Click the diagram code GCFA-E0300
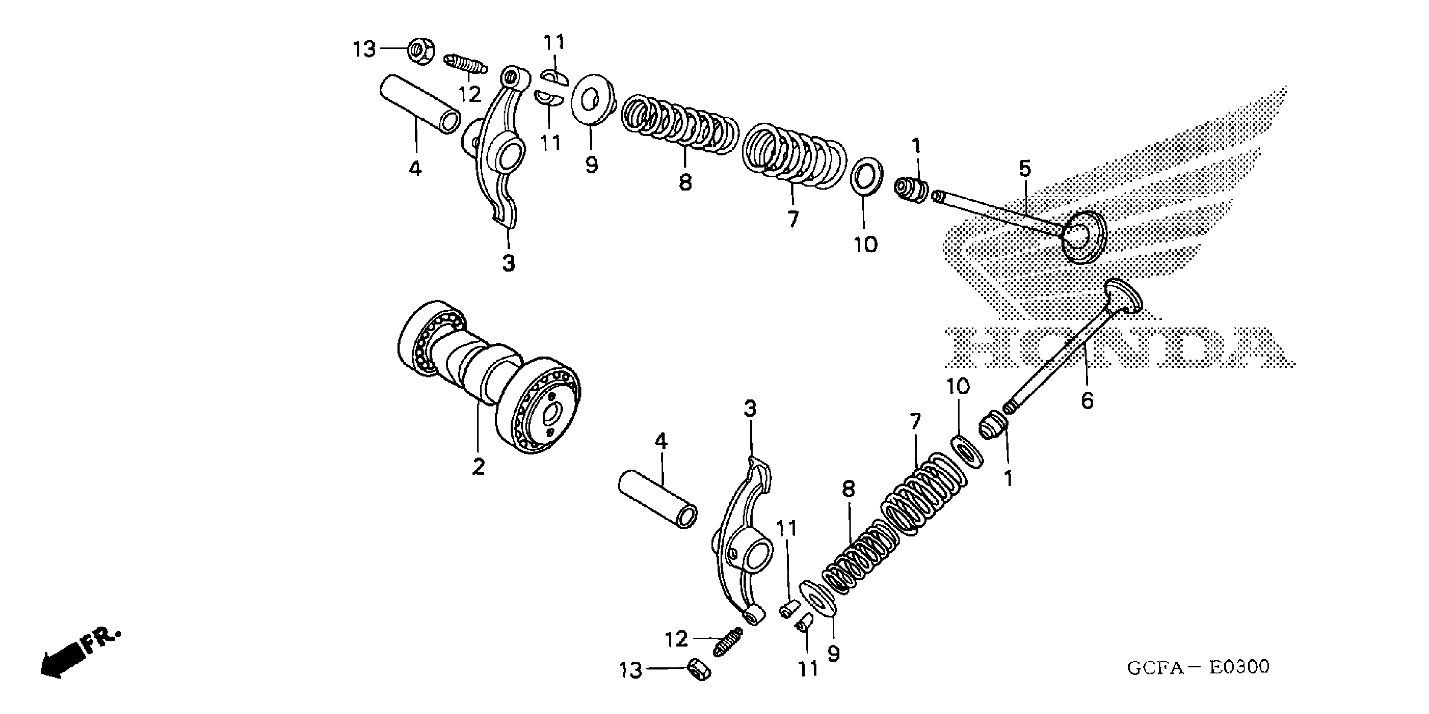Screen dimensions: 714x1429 click(x=1198, y=667)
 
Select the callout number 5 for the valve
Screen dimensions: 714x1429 click(x=1025, y=168)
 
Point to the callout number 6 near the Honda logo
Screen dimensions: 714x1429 click(x=1087, y=400)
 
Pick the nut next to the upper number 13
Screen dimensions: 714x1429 click(x=420, y=51)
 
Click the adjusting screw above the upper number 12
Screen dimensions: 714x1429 click(x=466, y=64)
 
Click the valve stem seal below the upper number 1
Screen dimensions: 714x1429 click(x=911, y=190)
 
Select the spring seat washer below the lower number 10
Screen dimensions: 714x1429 click(x=966, y=452)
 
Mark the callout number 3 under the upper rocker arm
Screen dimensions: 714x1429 click(x=508, y=263)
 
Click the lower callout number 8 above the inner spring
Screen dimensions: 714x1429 click(x=848, y=489)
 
